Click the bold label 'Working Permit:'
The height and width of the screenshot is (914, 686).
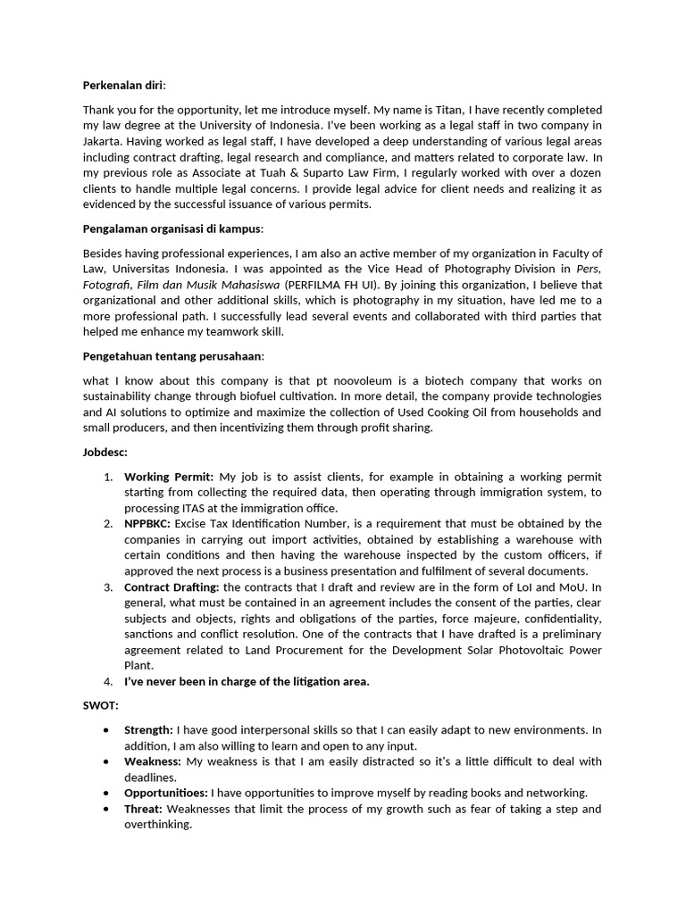coord(169,477)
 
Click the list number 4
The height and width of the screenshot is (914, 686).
coord(107,682)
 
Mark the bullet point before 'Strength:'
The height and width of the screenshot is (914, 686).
coord(107,730)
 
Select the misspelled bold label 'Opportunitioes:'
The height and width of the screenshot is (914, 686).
coord(168,793)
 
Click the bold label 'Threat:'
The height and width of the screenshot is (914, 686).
coord(144,809)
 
